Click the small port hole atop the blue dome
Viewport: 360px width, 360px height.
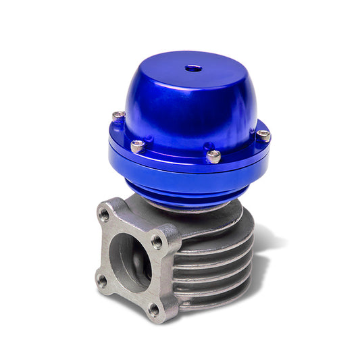195,68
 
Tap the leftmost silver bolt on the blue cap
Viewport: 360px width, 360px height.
119,116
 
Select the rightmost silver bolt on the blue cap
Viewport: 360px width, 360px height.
263,136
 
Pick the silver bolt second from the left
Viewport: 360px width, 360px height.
138,145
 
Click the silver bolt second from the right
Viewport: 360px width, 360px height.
213,156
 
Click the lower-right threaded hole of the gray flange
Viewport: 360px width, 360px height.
154,309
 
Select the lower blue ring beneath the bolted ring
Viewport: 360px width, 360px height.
189,177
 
